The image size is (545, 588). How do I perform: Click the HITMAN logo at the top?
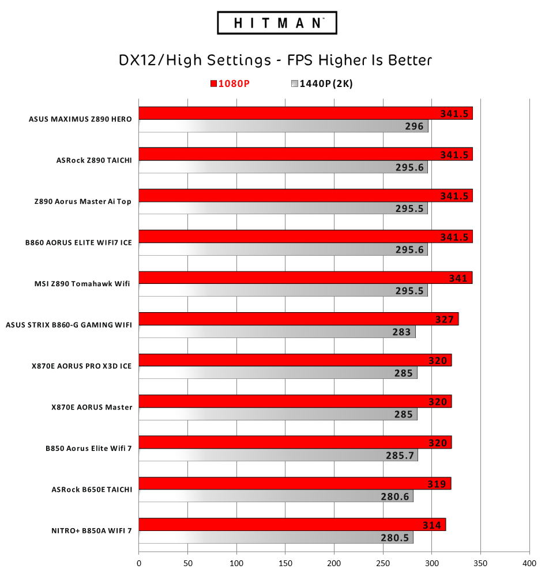tap(277, 23)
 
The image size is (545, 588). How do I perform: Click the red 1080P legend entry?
tap(230, 84)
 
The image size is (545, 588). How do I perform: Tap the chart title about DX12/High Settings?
tap(275, 60)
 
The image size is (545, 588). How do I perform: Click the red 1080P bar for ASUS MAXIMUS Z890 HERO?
tap(306, 113)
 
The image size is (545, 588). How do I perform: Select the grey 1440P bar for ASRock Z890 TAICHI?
tap(283, 167)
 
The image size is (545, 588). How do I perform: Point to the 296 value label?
tap(414, 126)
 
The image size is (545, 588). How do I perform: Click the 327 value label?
tap(445, 319)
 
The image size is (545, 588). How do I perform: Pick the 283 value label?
tap(401, 332)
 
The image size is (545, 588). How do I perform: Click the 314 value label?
tap(432, 525)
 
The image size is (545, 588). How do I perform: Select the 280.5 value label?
tap(395, 538)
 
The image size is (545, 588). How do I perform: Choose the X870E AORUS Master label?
tap(92, 407)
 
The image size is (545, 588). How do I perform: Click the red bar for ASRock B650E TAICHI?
tap(294, 483)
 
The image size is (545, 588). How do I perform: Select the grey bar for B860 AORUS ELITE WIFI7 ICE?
tap(283, 249)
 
